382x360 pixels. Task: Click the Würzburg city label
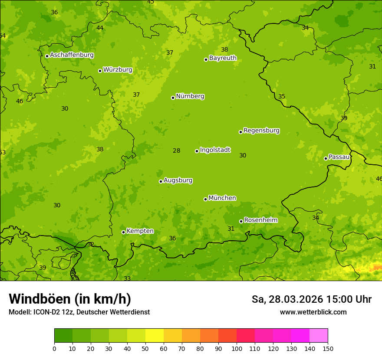117,70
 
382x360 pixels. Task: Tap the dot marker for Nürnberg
173,98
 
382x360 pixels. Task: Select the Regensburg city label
261,131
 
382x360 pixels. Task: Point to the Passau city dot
326,158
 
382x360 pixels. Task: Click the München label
222,198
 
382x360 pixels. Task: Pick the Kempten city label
140,231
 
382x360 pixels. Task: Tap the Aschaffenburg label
72,55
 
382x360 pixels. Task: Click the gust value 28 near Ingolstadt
176,151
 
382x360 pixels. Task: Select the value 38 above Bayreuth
224,50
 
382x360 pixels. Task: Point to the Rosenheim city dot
241,221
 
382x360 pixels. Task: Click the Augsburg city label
178,180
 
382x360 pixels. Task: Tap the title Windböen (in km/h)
70,299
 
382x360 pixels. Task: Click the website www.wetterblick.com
313,312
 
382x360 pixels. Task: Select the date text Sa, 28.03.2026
287,299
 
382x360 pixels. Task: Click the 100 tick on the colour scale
237,348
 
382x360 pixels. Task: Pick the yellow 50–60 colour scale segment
155,336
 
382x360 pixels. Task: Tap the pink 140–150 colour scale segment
319,336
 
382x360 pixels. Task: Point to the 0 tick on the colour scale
54,348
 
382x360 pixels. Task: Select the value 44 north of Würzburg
100,28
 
